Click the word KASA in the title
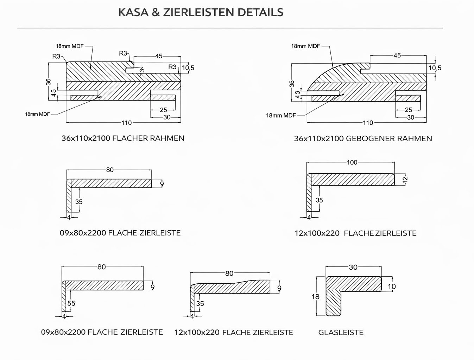pyautogui.click(x=133, y=12)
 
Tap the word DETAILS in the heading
pyautogui.click(x=260, y=12)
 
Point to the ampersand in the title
pyautogui.click(x=156, y=12)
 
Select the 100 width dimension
pyautogui.click(x=352, y=162)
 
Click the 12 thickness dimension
pyautogui.click(x=405, y=179)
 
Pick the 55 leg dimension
pyautogui.click(x=71, y=303)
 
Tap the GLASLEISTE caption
pyautogui.click(x=341, y=332)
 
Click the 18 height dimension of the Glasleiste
pyautogui.click(x=316, y=297)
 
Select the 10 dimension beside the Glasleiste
pyautogui.click(x=392, y=287)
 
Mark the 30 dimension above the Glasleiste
pyautogui.click(x=353, y=267)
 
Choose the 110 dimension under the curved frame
pyautogui.click(x=368, y=123)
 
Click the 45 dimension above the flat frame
pyautogui.click(x=159, y=56)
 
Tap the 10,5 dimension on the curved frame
pyautogui.click(x=435, y=68)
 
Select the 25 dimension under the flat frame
pyautogui.click(x=164, y=110)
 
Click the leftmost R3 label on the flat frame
pyautogui.click(x=56, y=56)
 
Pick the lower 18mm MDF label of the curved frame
pyautogui.click(x=281, y=116)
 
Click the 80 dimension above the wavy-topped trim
pyautogui.click(x=229, y=274)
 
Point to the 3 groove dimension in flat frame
pyautogui.click(x=142, y=71)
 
